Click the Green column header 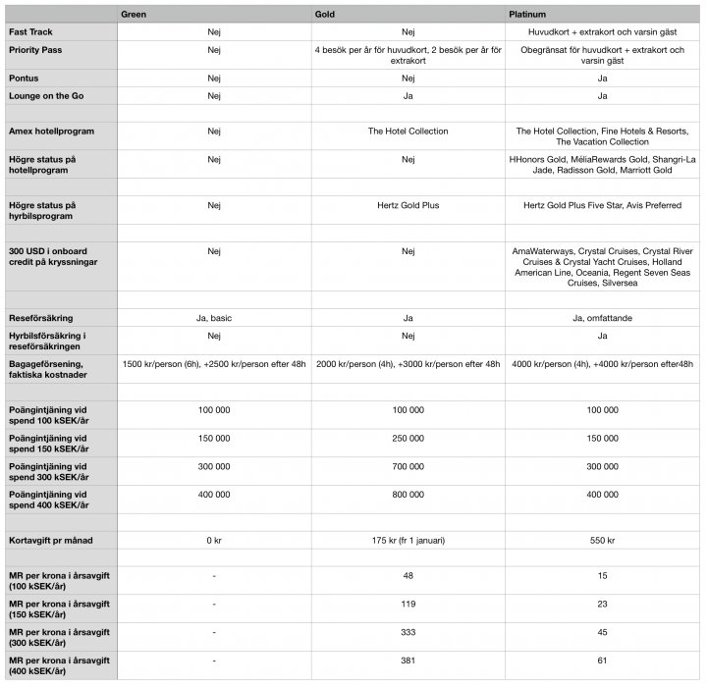(x=134, y=15)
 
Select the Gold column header (x=326, y=15)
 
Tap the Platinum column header (x=528, y=15)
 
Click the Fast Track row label (x=31, y=31)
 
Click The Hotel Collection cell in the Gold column (x=408, y=130)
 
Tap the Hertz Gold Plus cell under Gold (x=408, y=205)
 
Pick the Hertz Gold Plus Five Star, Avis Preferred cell (x=602, y=205)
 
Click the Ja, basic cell (x=214, y=318)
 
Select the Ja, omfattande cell (x=602, y=318)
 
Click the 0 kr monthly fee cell (x=214, y=541)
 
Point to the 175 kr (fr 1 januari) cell (x=408, y=541)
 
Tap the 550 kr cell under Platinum (x=602, y=541)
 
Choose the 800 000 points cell (x=408, y=497)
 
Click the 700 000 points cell (x=408, y=467)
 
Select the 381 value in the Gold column (x=408, y=661)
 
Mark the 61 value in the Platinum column (x=602, y=661)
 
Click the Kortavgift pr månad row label (x=51, y=541)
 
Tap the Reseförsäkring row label (x=41, y=318)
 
